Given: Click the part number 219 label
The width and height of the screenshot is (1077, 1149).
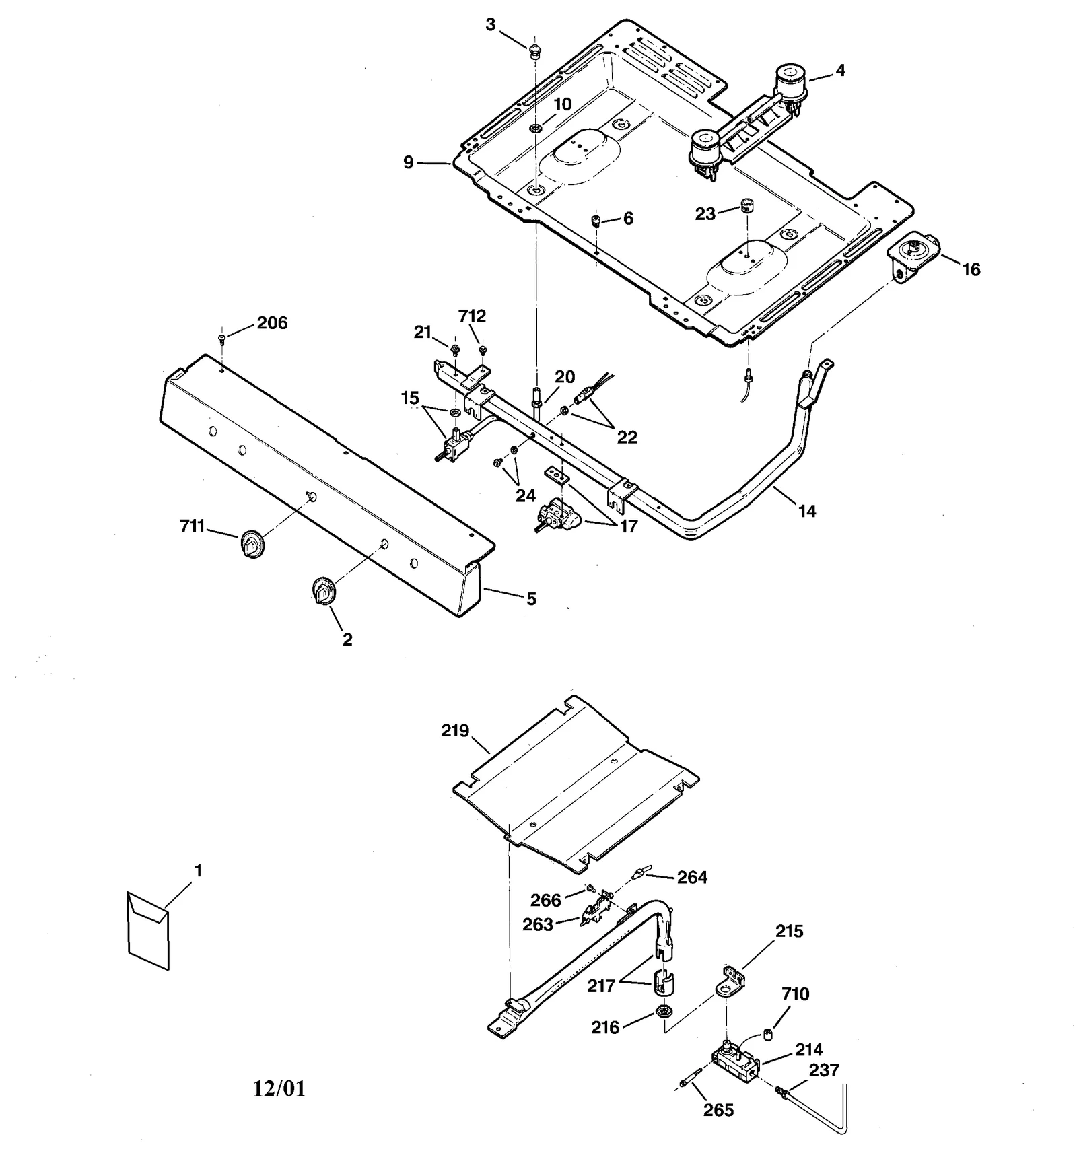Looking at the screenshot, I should (455, 730).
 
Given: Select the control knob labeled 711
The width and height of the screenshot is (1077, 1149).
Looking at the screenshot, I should (251, 543).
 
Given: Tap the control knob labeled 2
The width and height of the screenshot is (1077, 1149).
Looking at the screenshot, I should (323, 591).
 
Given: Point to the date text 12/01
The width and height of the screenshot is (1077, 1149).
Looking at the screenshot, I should (279, 1088).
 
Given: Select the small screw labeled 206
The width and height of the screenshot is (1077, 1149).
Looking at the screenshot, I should (222, 339).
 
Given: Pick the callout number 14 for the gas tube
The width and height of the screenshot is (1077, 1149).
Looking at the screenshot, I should (806, 511).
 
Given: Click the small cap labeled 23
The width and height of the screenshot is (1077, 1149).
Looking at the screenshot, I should (745, 205).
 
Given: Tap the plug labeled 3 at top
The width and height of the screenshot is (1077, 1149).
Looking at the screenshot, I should (534, 50).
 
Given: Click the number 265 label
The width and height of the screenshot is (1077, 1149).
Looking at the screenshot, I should (718, 1109).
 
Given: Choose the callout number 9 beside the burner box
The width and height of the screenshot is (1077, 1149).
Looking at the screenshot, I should (409, 162).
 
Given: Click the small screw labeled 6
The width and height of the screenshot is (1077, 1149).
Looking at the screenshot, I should (596, 220).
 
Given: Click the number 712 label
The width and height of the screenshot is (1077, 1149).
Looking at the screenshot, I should (472, 316).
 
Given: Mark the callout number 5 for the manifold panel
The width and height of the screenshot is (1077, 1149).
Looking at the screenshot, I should (531, 598).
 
